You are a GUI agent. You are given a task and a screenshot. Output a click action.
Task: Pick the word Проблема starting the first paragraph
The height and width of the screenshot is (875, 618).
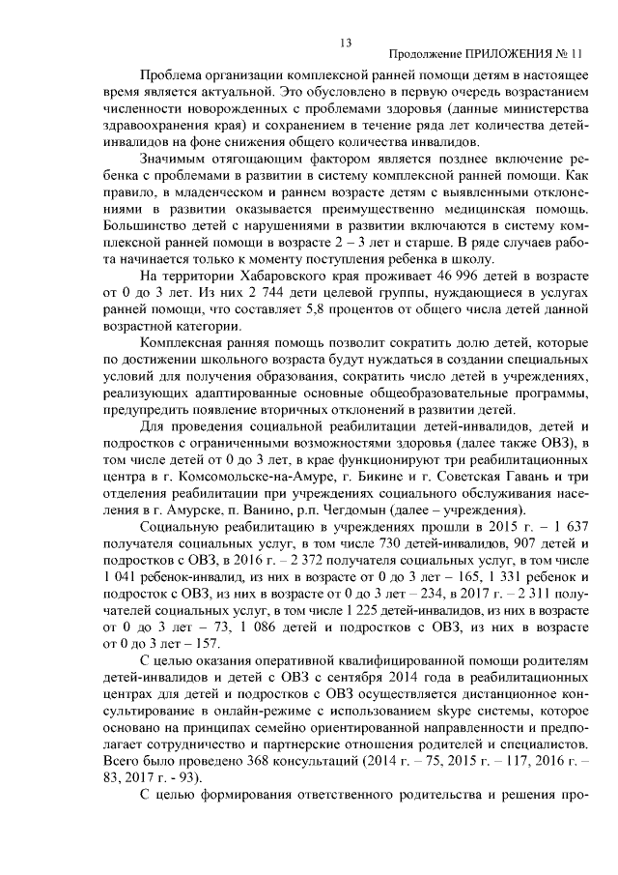click(171, 74)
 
